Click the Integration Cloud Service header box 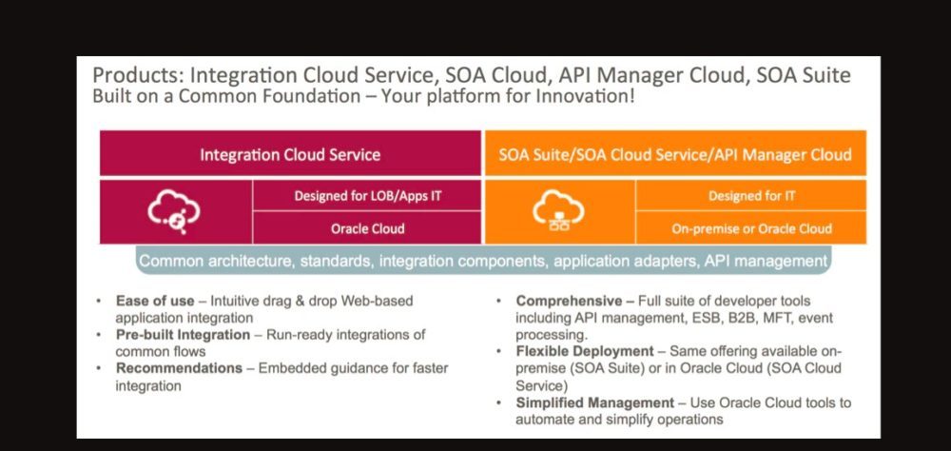(x=290, y=153)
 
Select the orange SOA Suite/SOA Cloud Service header (x=675, y=153)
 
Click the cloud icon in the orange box (x=558, y=210)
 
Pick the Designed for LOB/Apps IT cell (x=367, y=195)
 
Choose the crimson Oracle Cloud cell (x=367, y=228)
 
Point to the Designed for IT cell (x=751, y=195)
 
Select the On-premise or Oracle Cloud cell (x=751, y=228)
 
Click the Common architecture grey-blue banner (x=483, y=261)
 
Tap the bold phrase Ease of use (x=155, y=301)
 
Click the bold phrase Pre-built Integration (x=183, y=335)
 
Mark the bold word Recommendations (x=179, y=368)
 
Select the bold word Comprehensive (x=569, y=301)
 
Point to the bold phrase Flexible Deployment (x=585, y=351)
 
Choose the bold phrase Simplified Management (x=595, y=402)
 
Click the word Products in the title (x=138, y=76)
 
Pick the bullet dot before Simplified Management (x=498, y=402)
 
